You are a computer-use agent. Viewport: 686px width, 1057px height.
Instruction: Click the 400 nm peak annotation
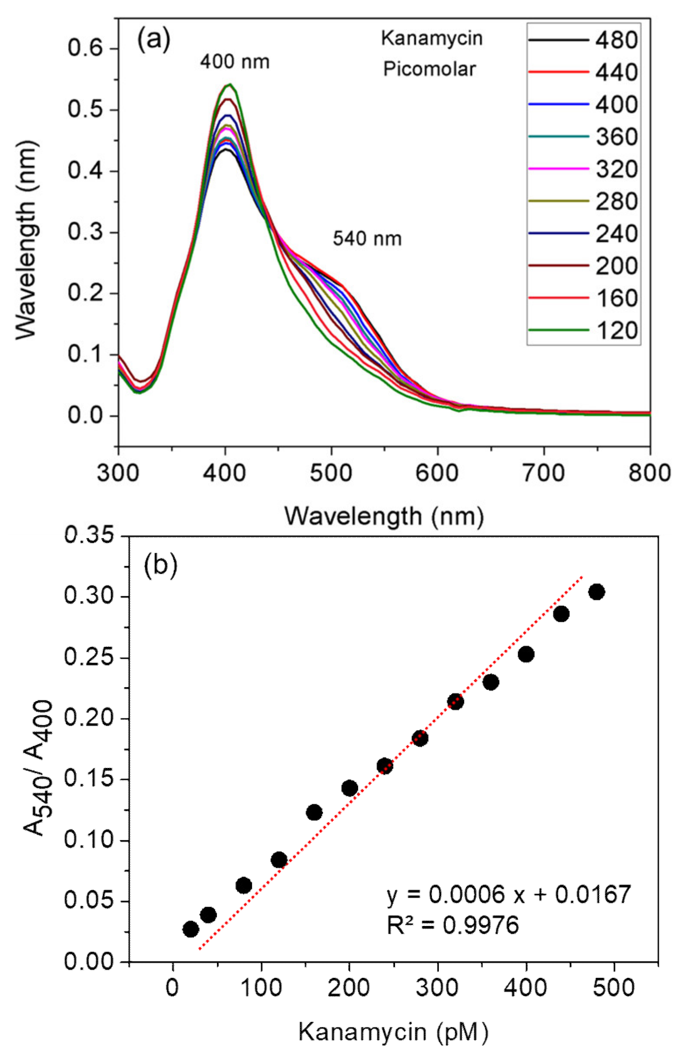coord(235,62)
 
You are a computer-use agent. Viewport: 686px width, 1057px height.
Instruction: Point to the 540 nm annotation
coord(367,239)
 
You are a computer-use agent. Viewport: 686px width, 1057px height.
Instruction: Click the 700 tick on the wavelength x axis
coord(544,473)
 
